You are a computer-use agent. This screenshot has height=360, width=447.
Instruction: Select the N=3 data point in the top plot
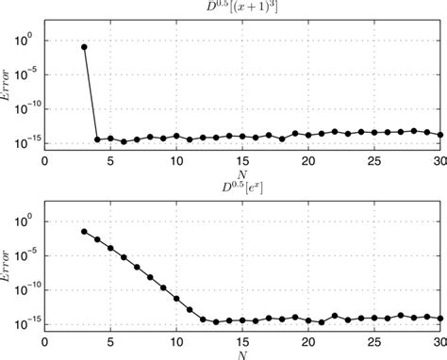click(x=85, y=46)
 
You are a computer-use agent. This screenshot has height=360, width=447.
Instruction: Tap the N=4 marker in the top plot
click(x=98, y=139)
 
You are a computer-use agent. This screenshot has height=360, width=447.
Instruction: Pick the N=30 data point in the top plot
click(x=440, y=135)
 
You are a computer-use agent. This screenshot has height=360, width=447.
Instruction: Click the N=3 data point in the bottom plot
click(x=85, y=231)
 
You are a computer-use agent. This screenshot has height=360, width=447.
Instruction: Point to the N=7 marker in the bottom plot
click(x=138, y=269)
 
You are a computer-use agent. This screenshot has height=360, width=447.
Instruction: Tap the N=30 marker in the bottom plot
click(x=440, y=319)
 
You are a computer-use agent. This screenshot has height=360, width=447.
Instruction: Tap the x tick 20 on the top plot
click(x=308, y=161)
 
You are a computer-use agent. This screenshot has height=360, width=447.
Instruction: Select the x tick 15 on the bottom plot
click(x=242, y=342)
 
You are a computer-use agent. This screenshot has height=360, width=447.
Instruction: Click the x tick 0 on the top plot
click(x=45, y=161)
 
